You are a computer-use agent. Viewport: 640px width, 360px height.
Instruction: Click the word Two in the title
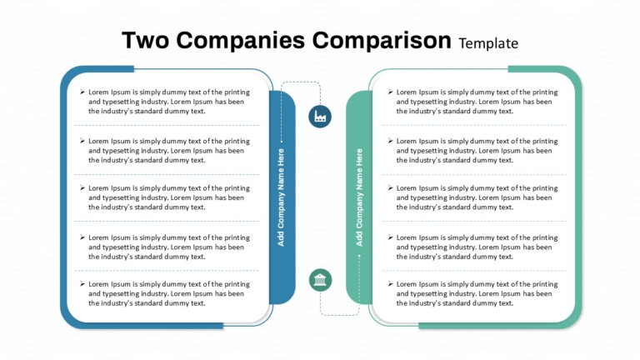pyautogui.click(x=145, y=40)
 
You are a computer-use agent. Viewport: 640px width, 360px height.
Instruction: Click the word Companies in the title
pyautogui.click(x=240, y=41)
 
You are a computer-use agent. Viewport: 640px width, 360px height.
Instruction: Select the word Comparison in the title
pyautogui.click(x=382, y=41)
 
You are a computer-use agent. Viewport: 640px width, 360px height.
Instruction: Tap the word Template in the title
pyautogui.click(x=488, y=43)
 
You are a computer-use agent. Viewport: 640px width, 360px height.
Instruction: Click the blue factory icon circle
pyautogui.click(x=320, y=117)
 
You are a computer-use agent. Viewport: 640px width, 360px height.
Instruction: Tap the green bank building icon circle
pyautogui.click(x=320, y=280)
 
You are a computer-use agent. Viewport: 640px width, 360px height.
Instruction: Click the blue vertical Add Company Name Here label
pyautogui.click(x=281, y=197)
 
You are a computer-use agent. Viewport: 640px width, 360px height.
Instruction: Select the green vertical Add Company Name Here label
pyautogui.click(x=359, y=197)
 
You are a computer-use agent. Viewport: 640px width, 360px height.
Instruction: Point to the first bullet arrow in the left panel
pyautogui.click(x=82, y=92)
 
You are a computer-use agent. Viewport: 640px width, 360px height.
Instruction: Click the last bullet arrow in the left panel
pyautogui.click(x=82, y=283)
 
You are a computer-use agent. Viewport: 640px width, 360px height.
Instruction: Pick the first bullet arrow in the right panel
pyautogui.click(x=391, y=92)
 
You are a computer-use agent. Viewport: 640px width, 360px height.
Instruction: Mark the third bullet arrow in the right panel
pyautogui.click(x=391, y=187)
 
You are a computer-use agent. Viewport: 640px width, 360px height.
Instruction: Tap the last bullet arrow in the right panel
pyautogui.click(x=391, y=283)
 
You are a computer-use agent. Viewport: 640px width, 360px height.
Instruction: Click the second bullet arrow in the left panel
pyautogui.click(x=82, y=141)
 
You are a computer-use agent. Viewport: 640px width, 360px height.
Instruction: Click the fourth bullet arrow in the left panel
pyautogui.click(x=82, y=237)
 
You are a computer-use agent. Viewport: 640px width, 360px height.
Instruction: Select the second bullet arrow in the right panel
pyautogui.click(x=391, y=141)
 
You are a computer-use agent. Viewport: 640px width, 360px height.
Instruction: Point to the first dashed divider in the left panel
pyautogui.click(x=167, y=125)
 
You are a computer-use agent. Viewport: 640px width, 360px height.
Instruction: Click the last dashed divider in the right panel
pyautogui.click(x=475, y=271)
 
